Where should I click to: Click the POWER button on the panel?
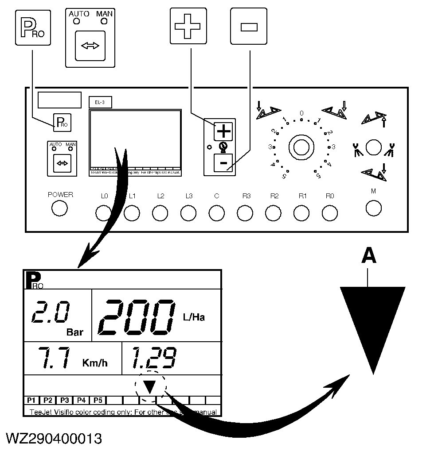pyautogui.click(x=59, y=208)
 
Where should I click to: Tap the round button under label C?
pyautogui.click(x=216, y=213)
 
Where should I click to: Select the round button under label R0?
pyautogui.click(x=329, y=213)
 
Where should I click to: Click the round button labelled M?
pyautogui.click(x=374, y=207)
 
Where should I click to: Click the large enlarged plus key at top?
pyautogui.click(x=188, y=27)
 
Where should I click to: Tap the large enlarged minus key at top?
pyautogui.click(x=249, y=27)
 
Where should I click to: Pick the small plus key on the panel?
pyautogui.click(x=223, y=131)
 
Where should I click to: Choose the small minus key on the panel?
pyautogui.click(x=223, y=164)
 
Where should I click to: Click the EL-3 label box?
pyautogui.click(x=100, y=102)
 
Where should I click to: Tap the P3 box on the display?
pyautogui.click(x=64, y=401)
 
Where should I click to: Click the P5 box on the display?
pyautogui.click(x=98, y=401)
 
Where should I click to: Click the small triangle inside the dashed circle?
pyautogui.click(x=150, y=387)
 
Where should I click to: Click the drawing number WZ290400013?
pyautogui.click(x=54, y=439)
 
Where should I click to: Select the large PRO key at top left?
pyautogui.click(x=33, y=28)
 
